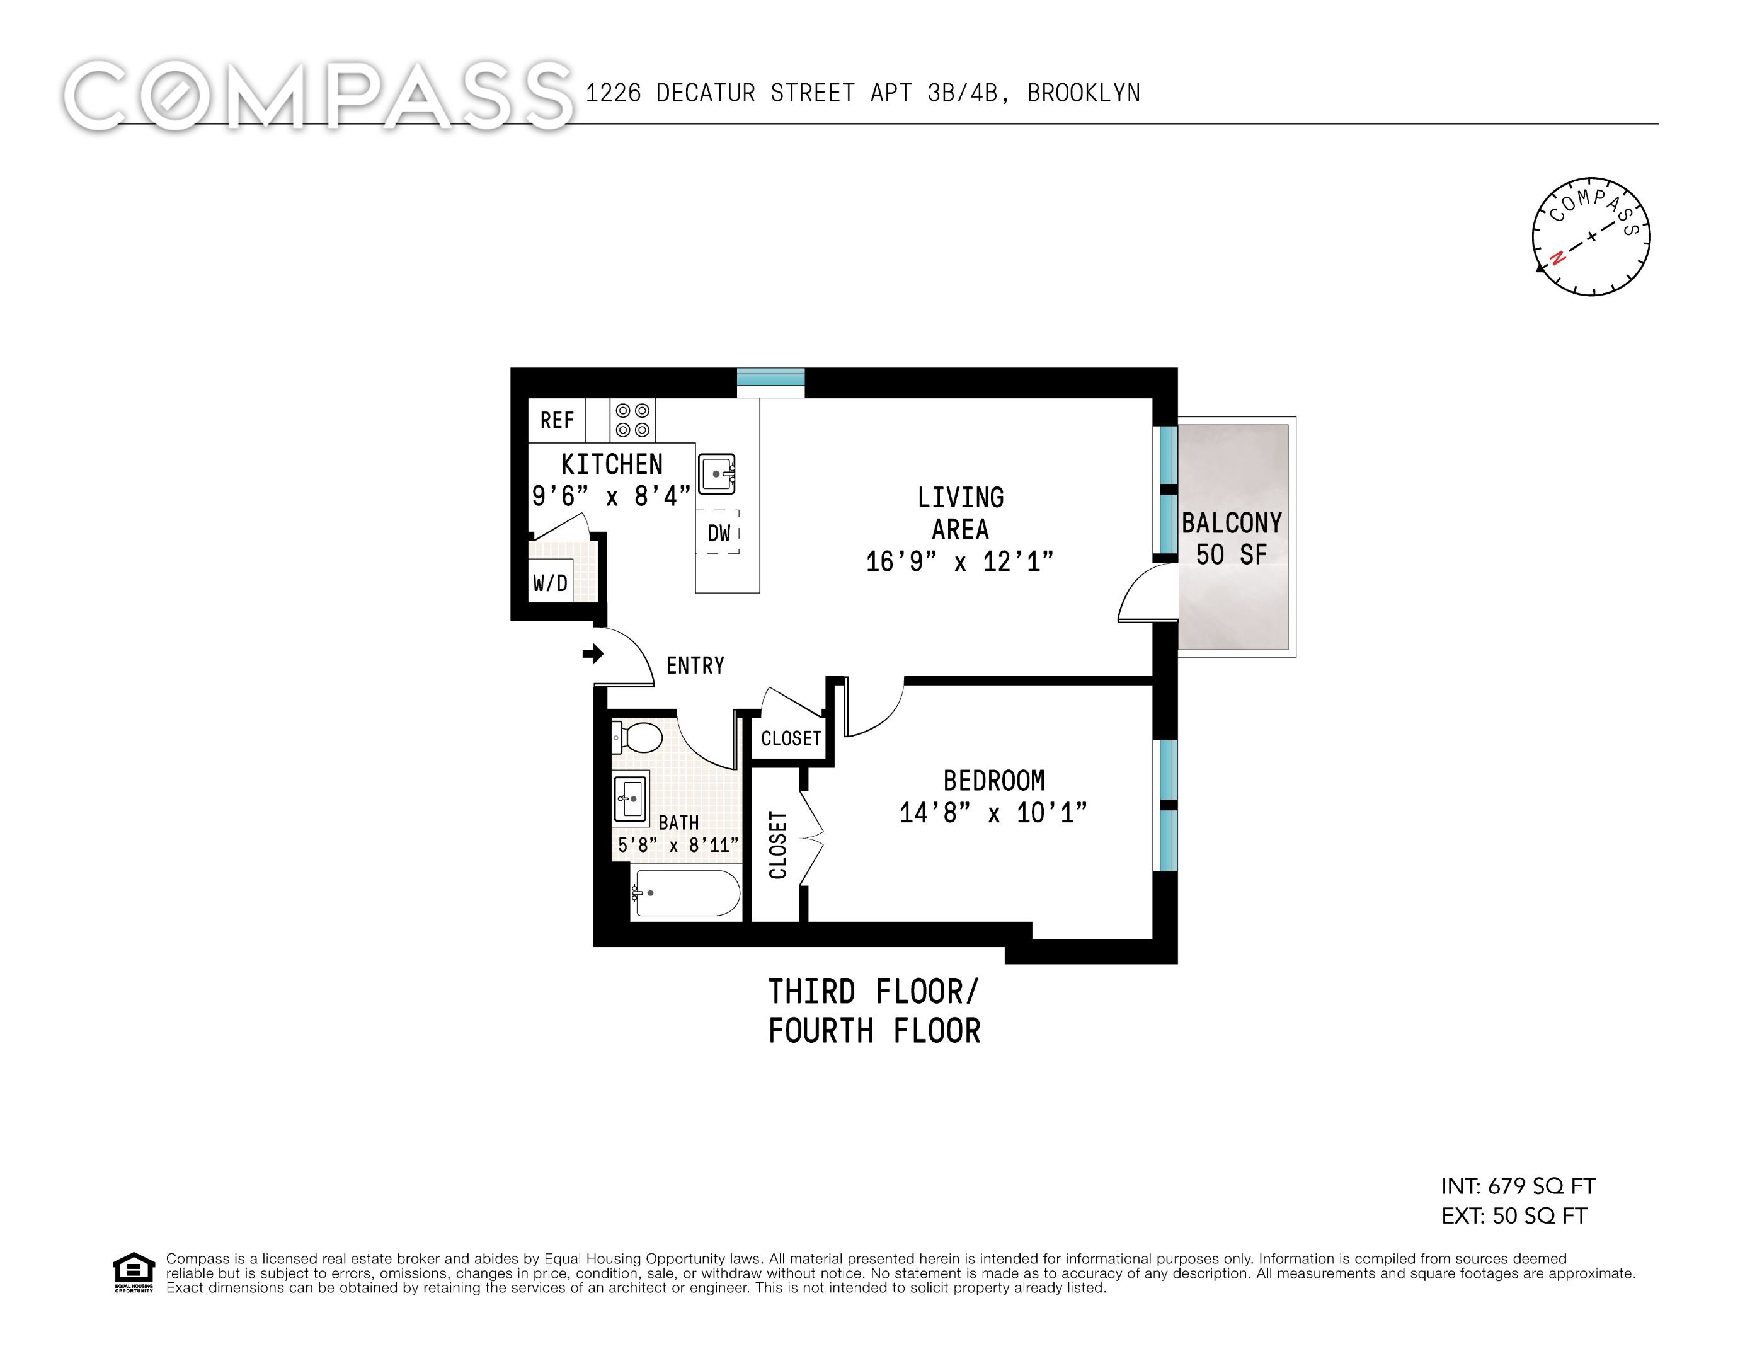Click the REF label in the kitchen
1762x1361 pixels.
click(x=557, y=420)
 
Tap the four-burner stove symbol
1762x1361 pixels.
click(x=632, y=420)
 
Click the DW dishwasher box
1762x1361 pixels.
click(x=718, y=532)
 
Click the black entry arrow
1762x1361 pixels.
click(x=593, y=653)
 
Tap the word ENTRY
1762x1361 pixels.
click(x=695, y=665)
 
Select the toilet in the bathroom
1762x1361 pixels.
click(x=638, y=737)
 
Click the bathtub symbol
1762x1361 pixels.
click(x=687, y=893)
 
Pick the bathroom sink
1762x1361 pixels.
click(x=630, y=799)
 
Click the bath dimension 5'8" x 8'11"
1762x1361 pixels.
click(x=678, y=845)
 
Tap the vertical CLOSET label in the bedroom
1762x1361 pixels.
click(x=778, y=845)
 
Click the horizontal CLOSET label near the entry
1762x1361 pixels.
click(x=791, y=738)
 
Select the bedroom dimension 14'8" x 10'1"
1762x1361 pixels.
click(x=993, y=812)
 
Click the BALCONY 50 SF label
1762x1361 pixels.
click(x=1231, y=538)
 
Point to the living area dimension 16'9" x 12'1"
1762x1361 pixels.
click(x=959, y=561)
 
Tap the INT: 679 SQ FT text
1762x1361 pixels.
click(x=1518, y=1186)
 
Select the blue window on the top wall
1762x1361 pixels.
click(x=770, y=382)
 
